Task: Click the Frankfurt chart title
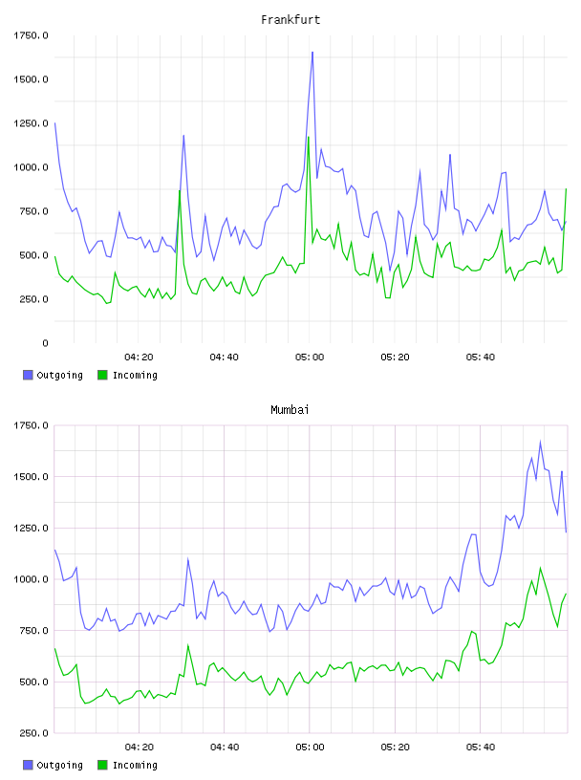[x=290, y=20]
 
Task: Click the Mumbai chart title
[x=290, y=410]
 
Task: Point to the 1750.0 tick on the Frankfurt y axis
[x=31, y=35]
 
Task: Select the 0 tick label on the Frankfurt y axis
[x=45, y=343]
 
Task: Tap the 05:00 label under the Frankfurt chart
[x=310, y=357]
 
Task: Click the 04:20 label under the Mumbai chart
[x=139, y=747]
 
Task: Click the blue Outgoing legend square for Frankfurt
[x=28, y=375]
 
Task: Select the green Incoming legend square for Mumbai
[x=102, y=765]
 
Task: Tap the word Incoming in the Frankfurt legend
[x=135, y=375]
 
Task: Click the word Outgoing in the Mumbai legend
[x=59, y=765]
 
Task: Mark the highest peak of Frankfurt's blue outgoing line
[x=312, y=52]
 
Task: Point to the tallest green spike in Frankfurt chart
[x=309, y=137]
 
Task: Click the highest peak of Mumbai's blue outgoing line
[x=540, y=442]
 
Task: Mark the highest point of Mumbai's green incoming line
[x=540, y=568]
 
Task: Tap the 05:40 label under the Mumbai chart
[x=481, y=747]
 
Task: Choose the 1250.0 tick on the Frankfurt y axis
[x=31, y=123]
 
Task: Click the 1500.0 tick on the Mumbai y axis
[x=31, y=477]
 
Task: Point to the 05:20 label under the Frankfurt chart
[x=395, y=357]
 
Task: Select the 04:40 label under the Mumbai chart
[x=225, y=747]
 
